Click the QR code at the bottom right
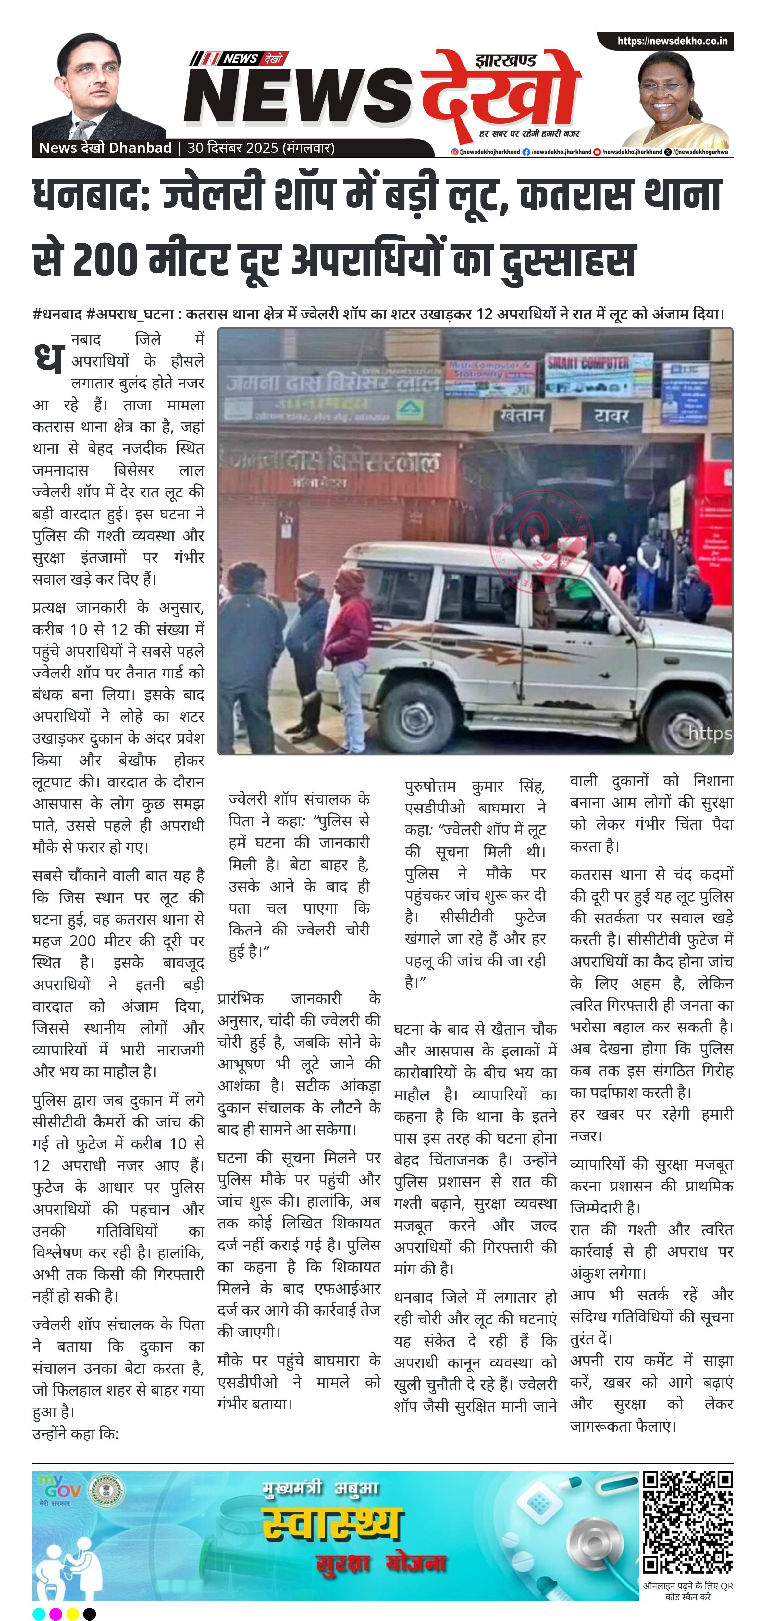(687, 1522)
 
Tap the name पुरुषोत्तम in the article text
(430, 786)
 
